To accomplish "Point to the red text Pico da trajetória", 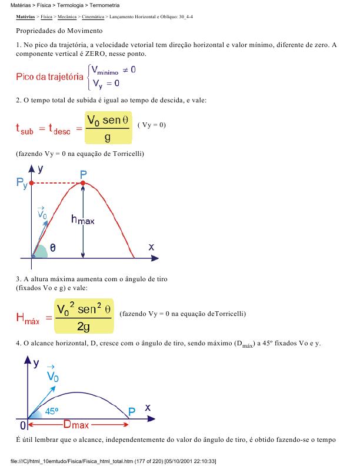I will tap(49, 77).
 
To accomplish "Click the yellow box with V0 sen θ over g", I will tap(108, 128).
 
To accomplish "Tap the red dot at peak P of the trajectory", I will tap(84, 184).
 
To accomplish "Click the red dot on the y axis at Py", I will tap(31, 184).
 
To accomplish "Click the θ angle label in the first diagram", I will tap(54, 249).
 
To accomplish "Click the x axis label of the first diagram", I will tap(151, 248).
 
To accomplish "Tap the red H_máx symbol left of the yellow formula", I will tap(28, 319).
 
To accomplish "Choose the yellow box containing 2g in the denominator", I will tap(83, 317).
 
